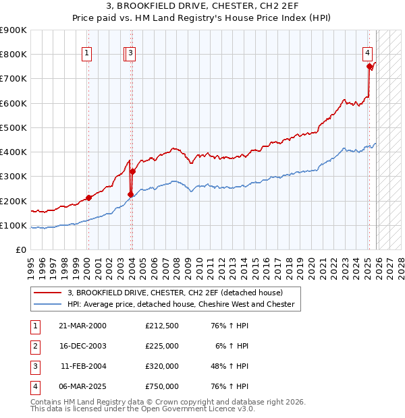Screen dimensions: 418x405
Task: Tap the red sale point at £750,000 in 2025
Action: pyautogui.click(x=369, y=66)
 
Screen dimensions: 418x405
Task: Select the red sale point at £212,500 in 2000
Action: pyautogui.click(x=88, y=198)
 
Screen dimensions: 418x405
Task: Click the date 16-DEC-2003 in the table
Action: pyautogui.click(x=82, y=346)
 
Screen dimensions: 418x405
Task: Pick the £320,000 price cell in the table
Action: pyautogui.click(x=162, y=366)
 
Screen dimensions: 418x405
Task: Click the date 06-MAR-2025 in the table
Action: pyautogui.click(x=82, y=386)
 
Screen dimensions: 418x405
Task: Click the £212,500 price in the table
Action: pyautogui.click(x=162, y=326)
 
